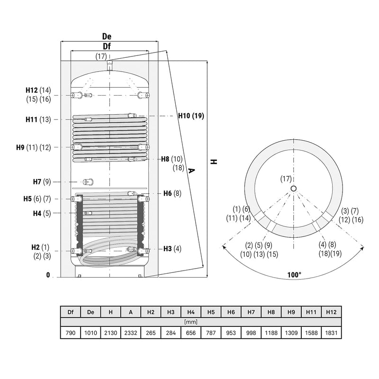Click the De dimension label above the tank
coord(107,36)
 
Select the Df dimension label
coord(107,46)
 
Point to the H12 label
coord(32,90)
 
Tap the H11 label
coord(31,119)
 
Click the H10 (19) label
coord(191,116)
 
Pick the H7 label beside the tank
coord(37,181)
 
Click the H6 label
coord(168,193)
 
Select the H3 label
coord(168,249)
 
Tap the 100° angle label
coord(294,275)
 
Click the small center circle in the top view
coord(293,188)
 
